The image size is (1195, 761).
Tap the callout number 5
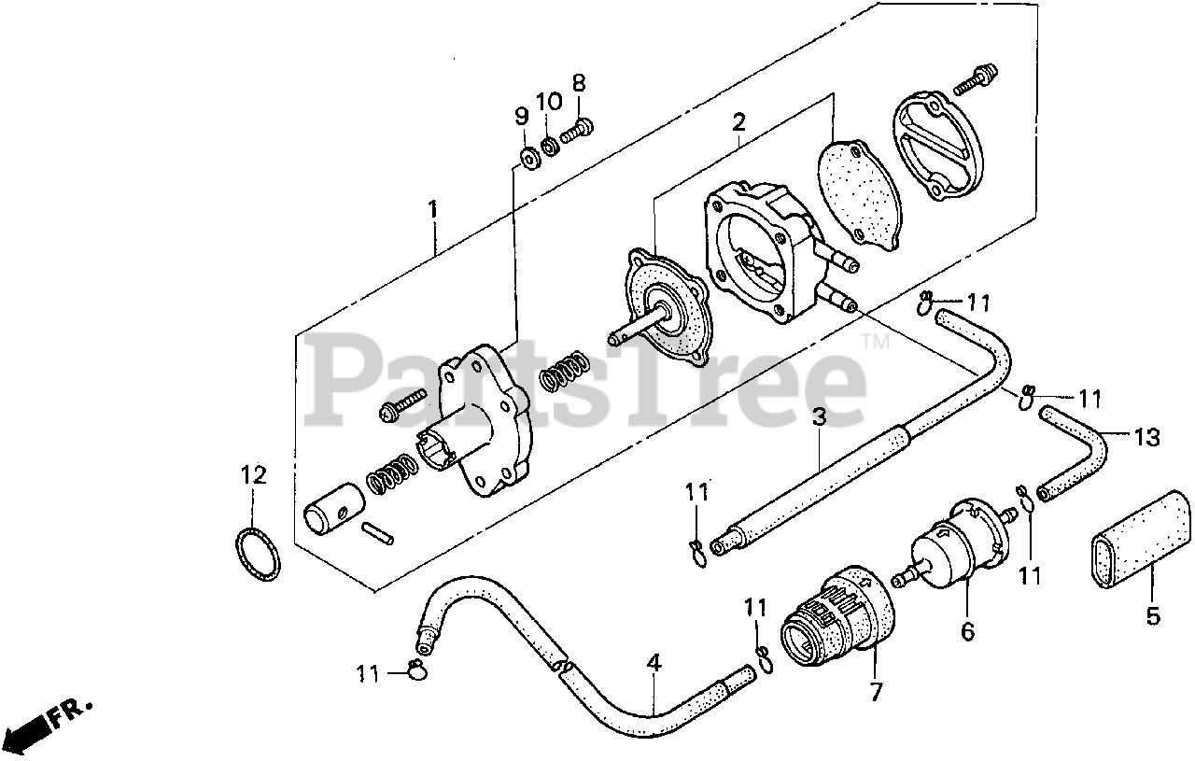click(1153, 616)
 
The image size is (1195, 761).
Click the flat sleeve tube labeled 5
click(1137, 545)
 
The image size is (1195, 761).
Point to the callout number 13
click(1146, 436)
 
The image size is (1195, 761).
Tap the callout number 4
click(654, 664)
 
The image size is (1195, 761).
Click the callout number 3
click(819, 417)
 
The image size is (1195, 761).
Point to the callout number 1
click(432, 210)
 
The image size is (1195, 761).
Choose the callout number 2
click(738, 121)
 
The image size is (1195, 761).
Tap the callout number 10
click(549, 100)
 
